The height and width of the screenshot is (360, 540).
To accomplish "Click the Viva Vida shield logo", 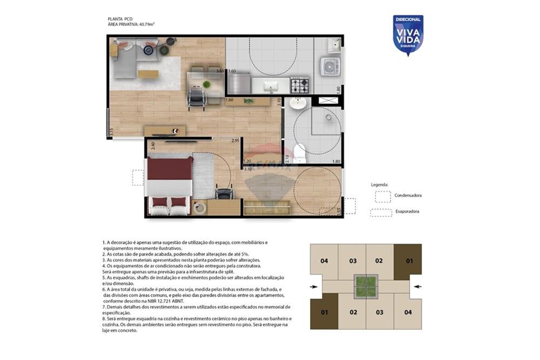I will click(408, 35).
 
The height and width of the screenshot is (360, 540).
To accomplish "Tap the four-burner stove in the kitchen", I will click(300, 85).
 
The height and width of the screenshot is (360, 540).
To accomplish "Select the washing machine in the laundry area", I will click(329, 66).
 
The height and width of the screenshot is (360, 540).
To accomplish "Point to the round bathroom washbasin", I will click(297, 103).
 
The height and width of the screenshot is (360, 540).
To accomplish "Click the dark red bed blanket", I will click(170, 168).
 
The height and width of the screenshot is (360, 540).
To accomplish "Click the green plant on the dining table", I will click(206, 84).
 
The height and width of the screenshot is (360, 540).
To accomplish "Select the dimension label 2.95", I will click(235, 141).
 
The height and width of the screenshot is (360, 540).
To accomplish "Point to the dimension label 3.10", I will click(248, 169).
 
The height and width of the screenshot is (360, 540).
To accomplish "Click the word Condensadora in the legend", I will click(408, 195).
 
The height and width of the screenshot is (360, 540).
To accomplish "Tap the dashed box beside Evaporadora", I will click(381, 212).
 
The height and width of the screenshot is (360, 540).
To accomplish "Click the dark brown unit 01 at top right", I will click(408, 261).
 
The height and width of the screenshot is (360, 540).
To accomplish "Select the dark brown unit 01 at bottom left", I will click(324, 311).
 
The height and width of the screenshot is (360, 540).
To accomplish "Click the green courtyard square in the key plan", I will click(366, 286).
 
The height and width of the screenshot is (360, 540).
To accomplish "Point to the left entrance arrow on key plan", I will click(315, 286).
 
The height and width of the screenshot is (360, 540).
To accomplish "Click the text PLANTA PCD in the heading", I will click(120, 19).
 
